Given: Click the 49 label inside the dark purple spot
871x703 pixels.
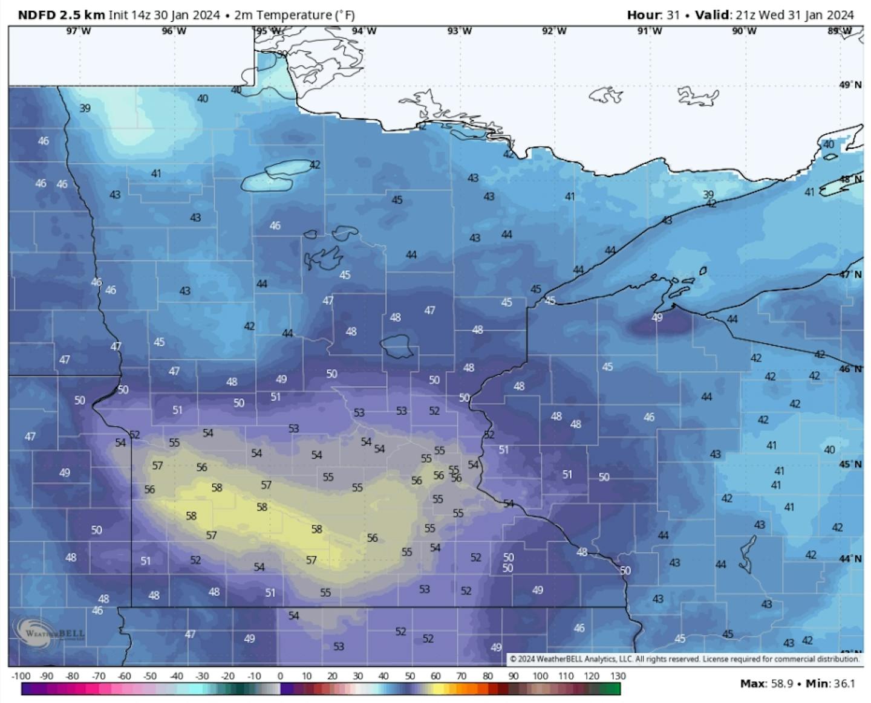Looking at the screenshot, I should [657, 317].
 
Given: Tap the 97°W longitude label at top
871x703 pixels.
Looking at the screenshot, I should [79, 31].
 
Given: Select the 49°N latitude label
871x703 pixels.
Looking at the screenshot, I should [850, 85].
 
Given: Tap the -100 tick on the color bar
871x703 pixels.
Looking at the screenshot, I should [21, 676].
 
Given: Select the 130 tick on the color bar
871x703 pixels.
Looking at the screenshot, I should [618, 676].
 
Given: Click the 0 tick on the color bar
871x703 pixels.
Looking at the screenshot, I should [280, 676].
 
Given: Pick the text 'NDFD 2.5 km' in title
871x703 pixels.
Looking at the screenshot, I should [61, 15].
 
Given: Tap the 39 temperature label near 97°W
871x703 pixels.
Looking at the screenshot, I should [85, 108].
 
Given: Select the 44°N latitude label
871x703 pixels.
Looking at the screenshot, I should [850, 559].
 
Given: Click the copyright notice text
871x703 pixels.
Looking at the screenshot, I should [684, 659].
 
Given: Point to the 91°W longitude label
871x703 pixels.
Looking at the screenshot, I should [650, 31].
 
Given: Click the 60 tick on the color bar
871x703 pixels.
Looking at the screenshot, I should [435, 676].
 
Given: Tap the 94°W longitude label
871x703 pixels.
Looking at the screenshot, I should [364, 31].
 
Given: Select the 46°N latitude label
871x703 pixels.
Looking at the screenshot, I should [850, 369].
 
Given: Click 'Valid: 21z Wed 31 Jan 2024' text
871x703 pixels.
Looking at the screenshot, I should [774, 15].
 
